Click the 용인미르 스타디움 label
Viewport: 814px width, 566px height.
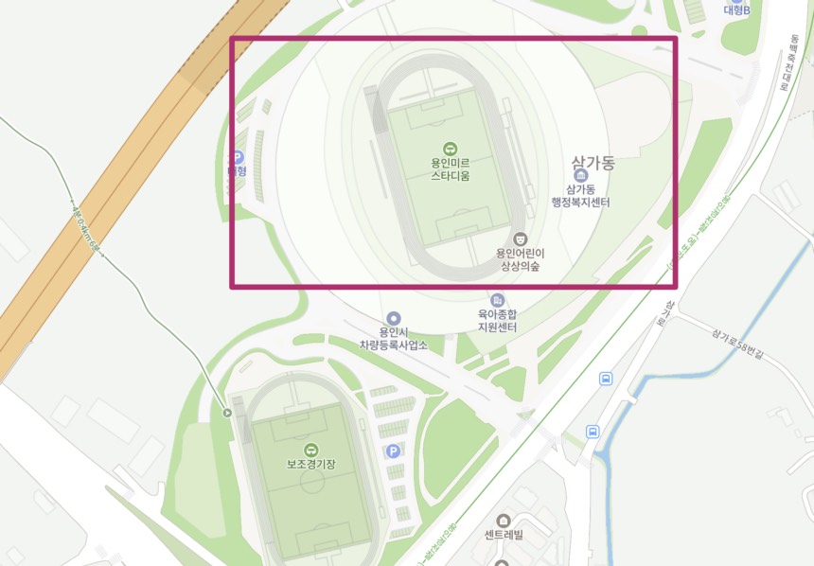coord(450,168)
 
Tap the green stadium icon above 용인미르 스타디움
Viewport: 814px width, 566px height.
coord(450,148)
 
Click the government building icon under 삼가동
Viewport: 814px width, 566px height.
coord(580,176)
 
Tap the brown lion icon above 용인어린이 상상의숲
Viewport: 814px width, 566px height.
coord(519,239)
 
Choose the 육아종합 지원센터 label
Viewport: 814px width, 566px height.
coord(497,320)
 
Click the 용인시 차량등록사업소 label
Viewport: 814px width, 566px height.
coord(393,339)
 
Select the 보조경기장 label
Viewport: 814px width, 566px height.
coord(311,466)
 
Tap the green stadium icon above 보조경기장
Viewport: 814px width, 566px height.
coord(310,449)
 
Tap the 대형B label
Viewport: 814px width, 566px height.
coord(736,10)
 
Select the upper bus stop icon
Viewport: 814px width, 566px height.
coord(606,379)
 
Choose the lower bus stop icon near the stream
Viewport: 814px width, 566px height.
coord(593,432)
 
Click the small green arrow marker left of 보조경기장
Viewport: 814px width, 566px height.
coord(226,412)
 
